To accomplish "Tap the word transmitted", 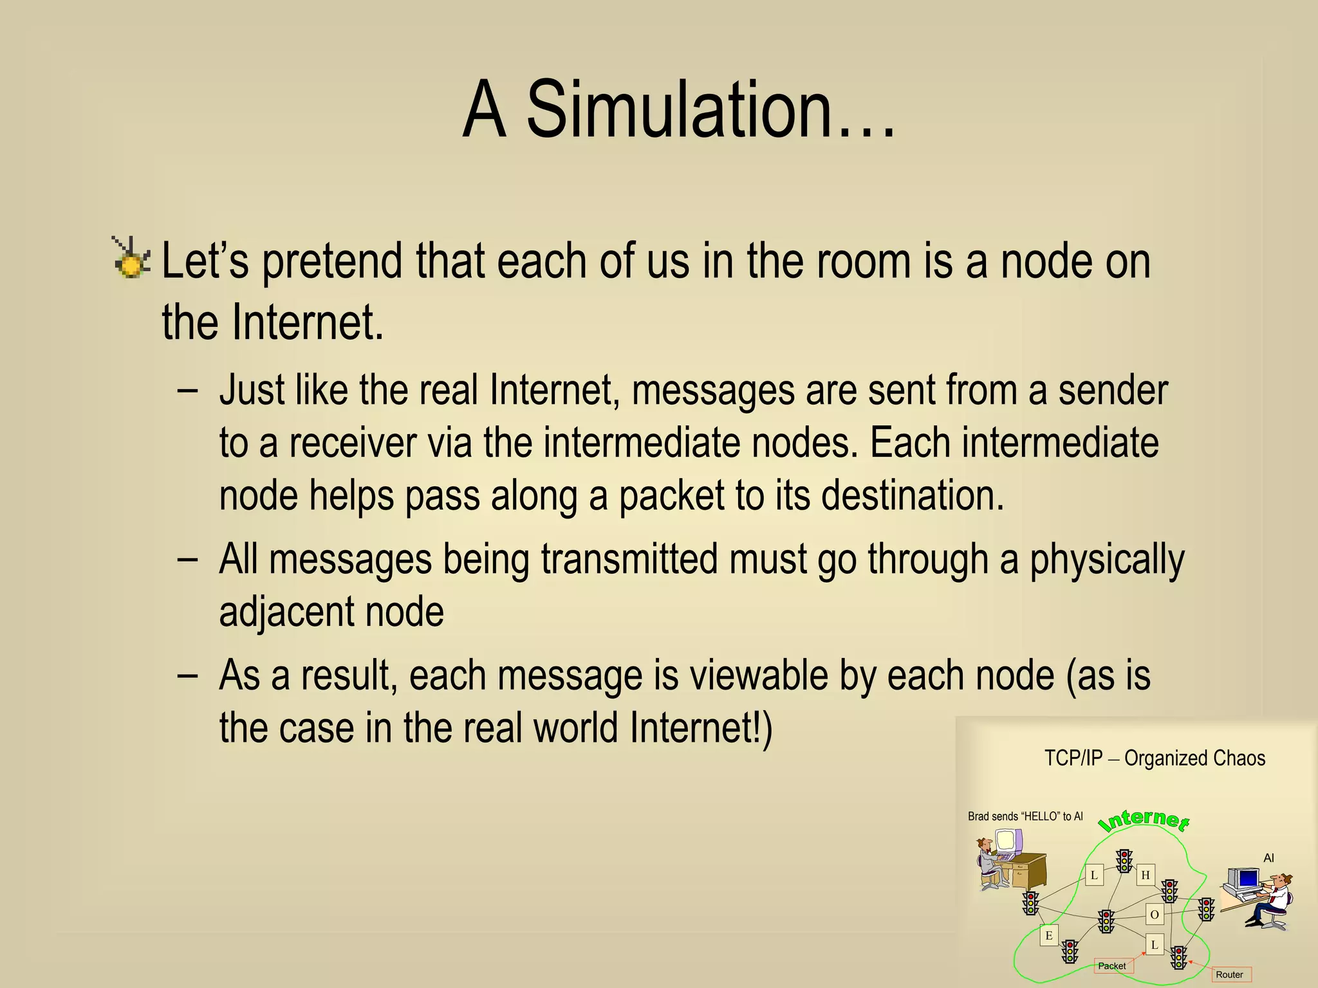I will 629,559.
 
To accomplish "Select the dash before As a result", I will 187,675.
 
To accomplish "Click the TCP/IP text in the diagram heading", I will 1073,758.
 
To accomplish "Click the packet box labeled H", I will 1146,875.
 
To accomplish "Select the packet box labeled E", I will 1049,935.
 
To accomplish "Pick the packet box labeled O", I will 1155,914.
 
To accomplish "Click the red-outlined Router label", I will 1229,974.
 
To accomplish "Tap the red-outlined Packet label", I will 1112,965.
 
